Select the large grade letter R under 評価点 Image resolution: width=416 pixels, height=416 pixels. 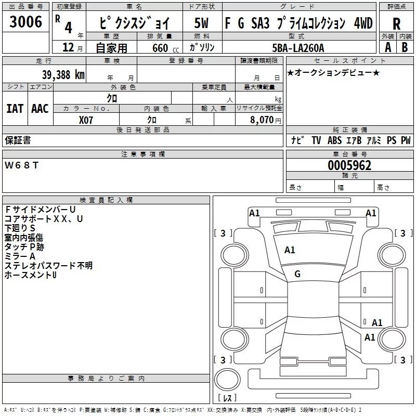click(396, 23)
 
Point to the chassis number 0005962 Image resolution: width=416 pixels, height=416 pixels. click(349, 165)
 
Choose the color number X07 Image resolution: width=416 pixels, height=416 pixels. click(87, 120)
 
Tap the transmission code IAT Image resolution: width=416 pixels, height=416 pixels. click(15, 108)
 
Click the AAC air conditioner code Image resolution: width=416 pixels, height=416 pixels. click(40, 108)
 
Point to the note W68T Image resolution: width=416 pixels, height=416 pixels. click(21, 165)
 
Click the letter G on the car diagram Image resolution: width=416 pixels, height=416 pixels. click(297, 274)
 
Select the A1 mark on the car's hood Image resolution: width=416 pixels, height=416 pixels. click(290, 250)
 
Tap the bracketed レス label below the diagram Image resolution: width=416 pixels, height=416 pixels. click(227, 398)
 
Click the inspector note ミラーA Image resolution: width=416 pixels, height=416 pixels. click(20, 256)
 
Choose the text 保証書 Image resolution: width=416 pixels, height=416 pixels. click(18, 140)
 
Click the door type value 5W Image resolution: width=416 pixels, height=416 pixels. click(201, 23)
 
